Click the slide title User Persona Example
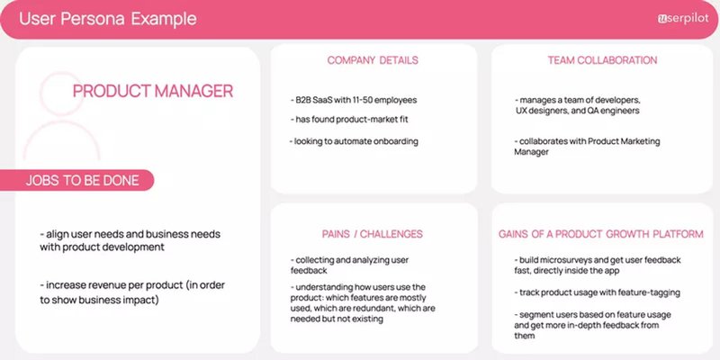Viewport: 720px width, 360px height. (107, 19)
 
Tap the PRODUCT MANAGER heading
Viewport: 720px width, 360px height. (153, 91)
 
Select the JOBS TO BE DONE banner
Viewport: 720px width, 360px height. (83, 180)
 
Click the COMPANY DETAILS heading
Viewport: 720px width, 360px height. (373, 61)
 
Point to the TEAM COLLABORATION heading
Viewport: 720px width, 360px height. (602, 61)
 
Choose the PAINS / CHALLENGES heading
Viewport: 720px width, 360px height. (373, 234)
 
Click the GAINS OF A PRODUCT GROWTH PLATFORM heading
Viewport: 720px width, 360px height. (601, 234)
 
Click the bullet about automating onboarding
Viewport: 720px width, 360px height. (355, 141)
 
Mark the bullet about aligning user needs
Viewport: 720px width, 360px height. (130, 240)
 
